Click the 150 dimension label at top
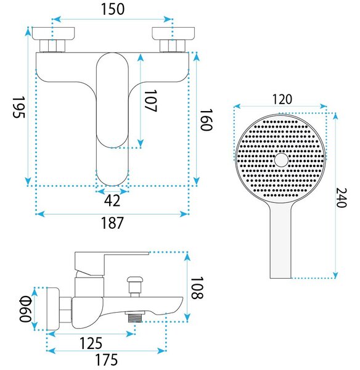point(113,9)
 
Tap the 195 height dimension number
point(19,107)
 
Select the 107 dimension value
point(150,101)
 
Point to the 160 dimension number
point(206,120)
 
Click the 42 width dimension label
point(112,200)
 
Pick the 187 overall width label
point(112,223)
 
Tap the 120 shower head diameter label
point(282,99)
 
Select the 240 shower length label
point(342,198)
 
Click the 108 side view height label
point(197,288)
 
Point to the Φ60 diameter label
point(25,309)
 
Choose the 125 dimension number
point(91,343)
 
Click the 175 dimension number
point(107,360)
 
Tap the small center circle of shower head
point(281,160)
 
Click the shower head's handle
point(280,240)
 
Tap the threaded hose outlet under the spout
point(135,317)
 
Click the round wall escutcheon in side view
point(53,309)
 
